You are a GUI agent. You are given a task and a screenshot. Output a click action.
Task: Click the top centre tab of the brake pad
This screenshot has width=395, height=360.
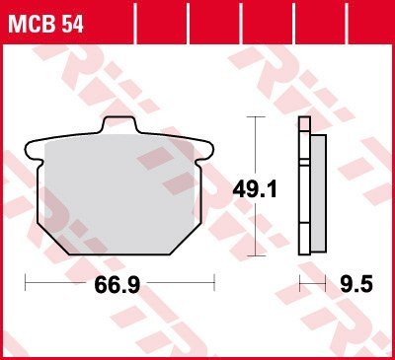click(x=118, y=125)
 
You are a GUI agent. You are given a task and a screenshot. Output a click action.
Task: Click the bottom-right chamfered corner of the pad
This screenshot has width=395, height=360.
click(x=188, y=234)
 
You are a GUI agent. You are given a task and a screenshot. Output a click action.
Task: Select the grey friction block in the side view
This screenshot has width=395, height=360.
click(x=317, y=187)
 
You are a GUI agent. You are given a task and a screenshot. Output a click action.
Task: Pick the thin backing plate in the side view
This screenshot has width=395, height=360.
click(x=303, y=187)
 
